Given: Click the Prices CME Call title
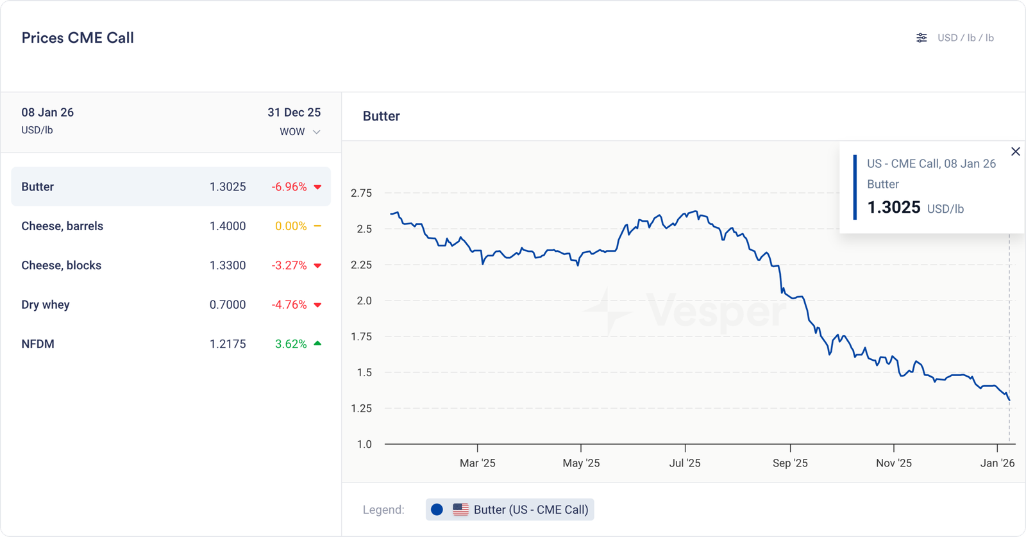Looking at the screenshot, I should pyautogui.click(x=78, y=38).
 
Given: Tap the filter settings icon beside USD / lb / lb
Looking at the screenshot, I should pyautogui.click(x=921, y=38).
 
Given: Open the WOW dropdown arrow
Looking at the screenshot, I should pyautogui.click(x=316, y=132).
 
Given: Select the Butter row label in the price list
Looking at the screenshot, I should pyautogui.click(x=38, y=186).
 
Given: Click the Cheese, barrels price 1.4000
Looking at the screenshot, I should pyautogui.click(x=228, y=226).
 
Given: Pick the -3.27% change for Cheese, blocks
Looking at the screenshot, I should pyautogui.click(x=289, y=265).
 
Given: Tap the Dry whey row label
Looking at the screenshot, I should pyautogui.click(x=46, y=304).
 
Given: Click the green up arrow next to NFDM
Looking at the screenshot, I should pyautogui.click(x=317, y=343).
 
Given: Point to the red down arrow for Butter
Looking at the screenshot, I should pyautogui.click(x=317, y=187).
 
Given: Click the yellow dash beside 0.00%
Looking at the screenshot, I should pyautogui.click(x=317, y=226).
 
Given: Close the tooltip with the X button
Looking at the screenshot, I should pyautogui.click(x=1015, y=152).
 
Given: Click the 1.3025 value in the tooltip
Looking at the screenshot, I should pyautogui.click(x=894, y=207).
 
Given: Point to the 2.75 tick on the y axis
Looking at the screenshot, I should pyautogui.click(x=361, y=193).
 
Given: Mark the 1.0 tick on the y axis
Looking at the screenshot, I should pyautogui.click(x=364, y=444).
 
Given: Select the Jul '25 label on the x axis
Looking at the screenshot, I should pyautogui.click(x=685, y=463).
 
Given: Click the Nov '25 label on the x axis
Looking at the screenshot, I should pyautogui.click(x=894, y=463).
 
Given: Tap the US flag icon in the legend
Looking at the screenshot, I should pyautogui.click(x=460, y=509).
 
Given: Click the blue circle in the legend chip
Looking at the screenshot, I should pyautogui.click(x=437, y=509).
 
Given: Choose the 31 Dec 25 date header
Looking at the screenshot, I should pyautogui.click(x=294, y=112).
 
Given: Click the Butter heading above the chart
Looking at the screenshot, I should pyautogui.click(x=382, y=116).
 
